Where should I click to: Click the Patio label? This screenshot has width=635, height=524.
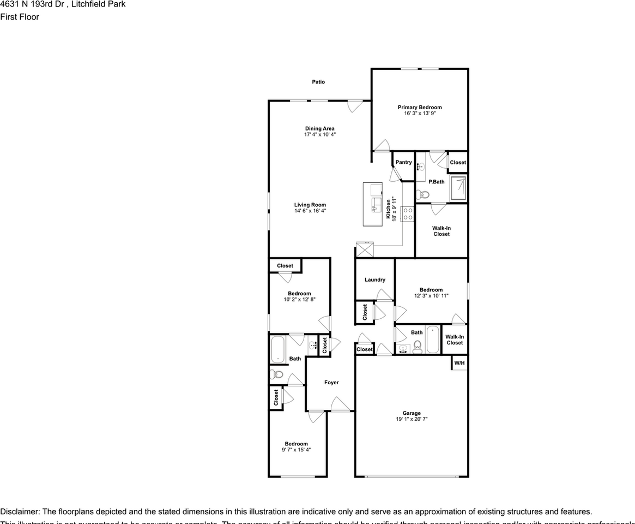point(318,82)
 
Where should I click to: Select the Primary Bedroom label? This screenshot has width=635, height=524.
point(419,108)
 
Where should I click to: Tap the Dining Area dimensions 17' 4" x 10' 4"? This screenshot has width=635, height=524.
point(320,134)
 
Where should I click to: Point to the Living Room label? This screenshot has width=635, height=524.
point(310,205)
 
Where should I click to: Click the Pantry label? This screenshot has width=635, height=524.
point(403,162)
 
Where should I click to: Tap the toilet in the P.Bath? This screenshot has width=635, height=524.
point(422,194)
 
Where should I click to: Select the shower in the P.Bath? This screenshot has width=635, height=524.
point(458,188)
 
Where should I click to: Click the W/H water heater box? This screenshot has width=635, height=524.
point(459,363)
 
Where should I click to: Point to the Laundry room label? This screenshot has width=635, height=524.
point(375,279)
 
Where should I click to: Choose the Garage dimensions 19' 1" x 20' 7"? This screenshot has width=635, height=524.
point(412,419)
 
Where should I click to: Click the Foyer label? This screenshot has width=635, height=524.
point(331,383)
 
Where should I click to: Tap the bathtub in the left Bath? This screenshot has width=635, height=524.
point(278,350)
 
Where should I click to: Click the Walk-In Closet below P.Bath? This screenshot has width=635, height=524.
point(442,231)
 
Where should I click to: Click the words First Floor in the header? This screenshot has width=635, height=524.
point(20,17)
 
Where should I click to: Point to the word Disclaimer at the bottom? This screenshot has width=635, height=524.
point(20,511)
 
